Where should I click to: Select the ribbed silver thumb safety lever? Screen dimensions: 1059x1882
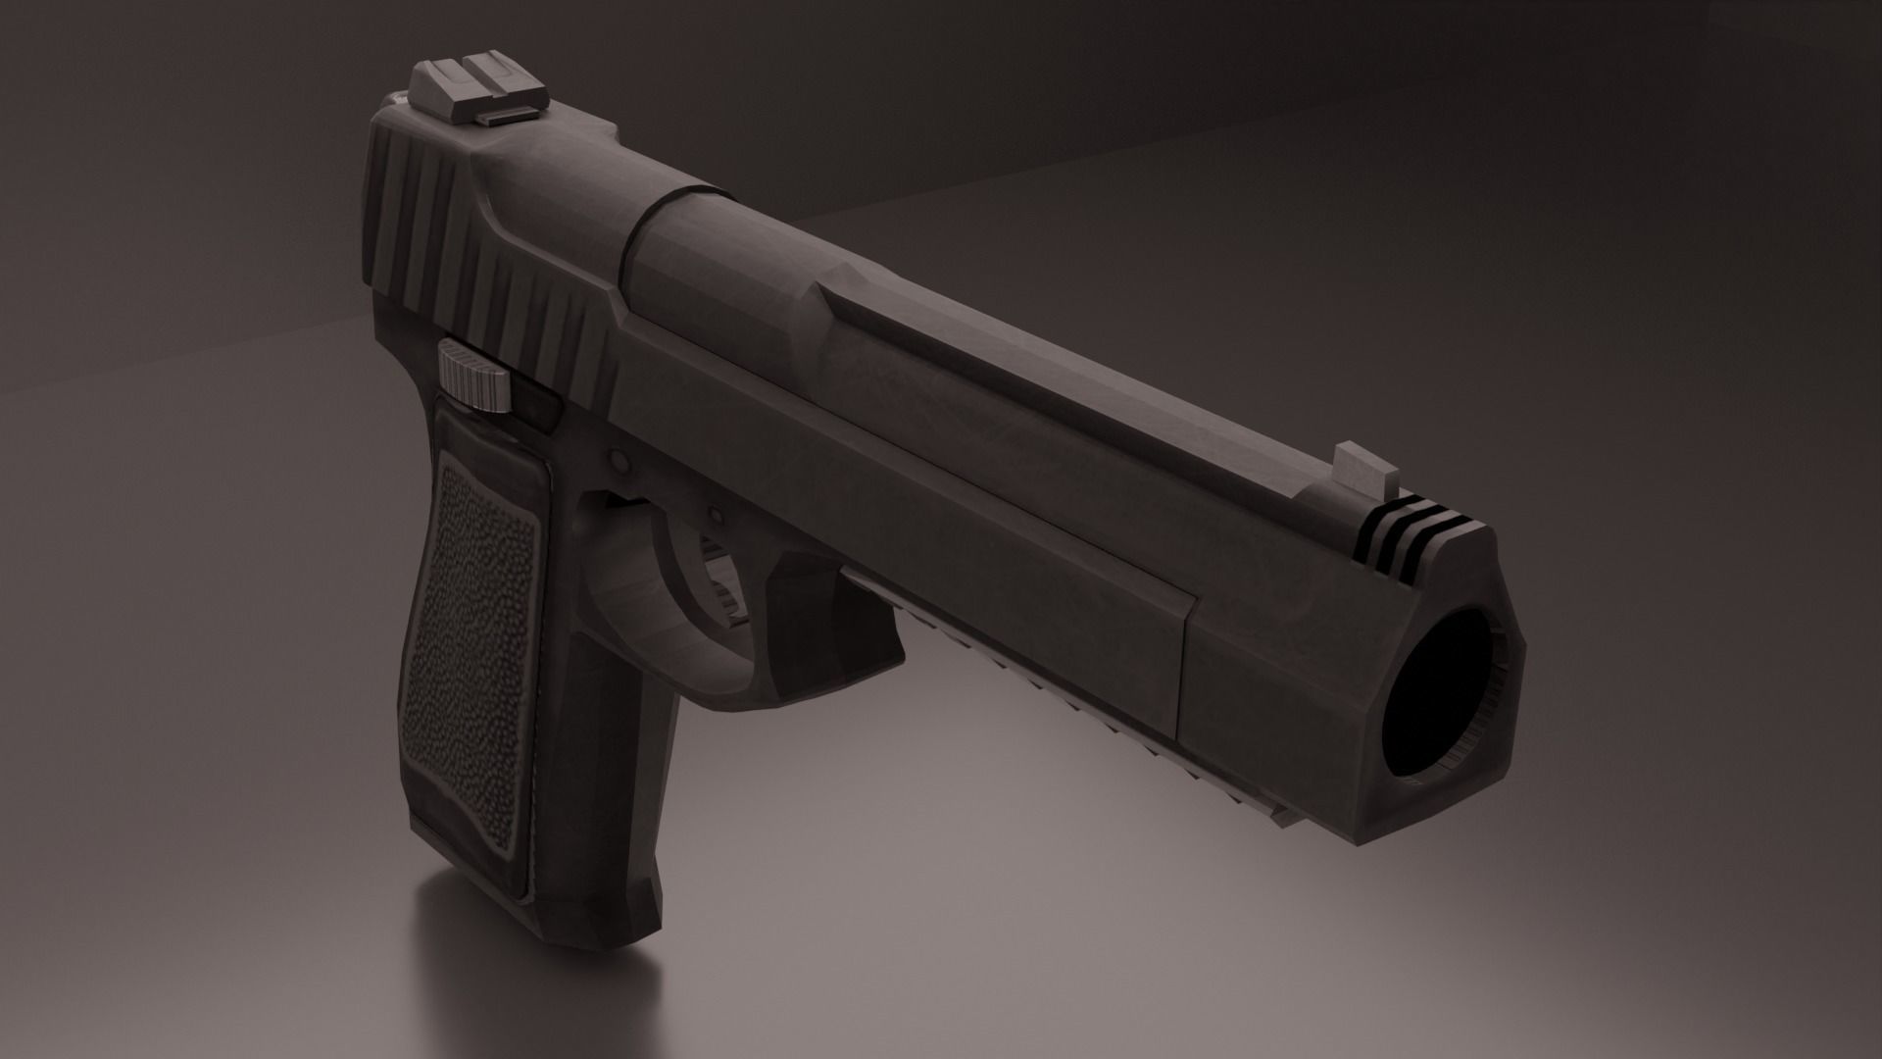476,377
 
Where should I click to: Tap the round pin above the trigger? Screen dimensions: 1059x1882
618,458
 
